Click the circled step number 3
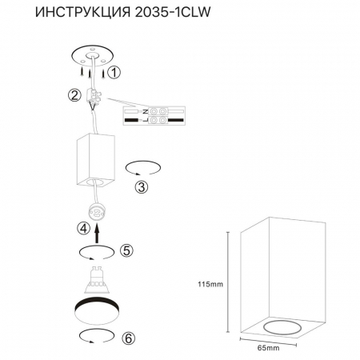[141, 188]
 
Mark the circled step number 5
[125, 250]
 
